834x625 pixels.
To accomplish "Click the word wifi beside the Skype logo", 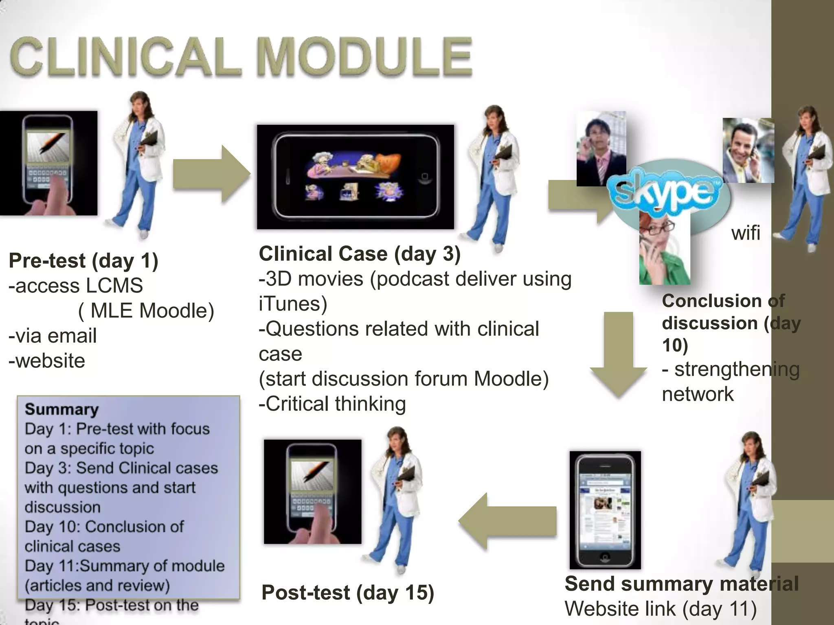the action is (746, 233).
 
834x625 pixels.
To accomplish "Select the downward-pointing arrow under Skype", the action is (619, 354).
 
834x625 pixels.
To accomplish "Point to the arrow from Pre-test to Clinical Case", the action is (211, 174).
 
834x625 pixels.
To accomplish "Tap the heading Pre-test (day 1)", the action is (83, 260).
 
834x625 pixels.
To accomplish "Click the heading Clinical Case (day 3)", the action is (360, 254).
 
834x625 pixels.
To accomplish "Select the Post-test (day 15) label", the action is (348, 592).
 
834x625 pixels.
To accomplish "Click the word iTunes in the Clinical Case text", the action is (293, 304).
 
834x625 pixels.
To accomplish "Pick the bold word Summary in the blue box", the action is (61, 409).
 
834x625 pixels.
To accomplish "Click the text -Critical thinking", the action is (332, 404).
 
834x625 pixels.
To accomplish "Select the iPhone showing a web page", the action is (605, 510).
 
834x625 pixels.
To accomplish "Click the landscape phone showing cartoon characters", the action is (355, 177).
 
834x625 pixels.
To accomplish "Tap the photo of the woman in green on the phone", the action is (664, 252).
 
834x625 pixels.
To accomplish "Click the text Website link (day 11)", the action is (661, 609).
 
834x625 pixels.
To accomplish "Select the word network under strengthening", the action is (698, 394).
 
